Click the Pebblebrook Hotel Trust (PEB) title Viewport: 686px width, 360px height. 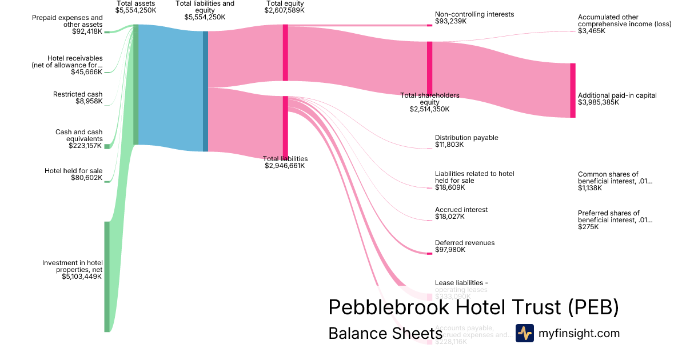[x=473, y=307]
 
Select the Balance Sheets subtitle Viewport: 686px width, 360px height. [x=385, y=333]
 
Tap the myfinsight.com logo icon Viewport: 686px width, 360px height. [x=524, y=333]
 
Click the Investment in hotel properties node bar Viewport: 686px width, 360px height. [x=106, y=276]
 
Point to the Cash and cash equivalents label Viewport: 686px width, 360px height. [x=79, y=135]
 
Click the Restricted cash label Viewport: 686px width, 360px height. [x=78, y=94]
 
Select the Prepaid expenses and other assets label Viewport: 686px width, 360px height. [x=75, y=21]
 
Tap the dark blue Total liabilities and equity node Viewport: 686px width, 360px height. [x=205, y=91]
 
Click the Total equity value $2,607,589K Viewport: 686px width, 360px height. [x=285, y=10]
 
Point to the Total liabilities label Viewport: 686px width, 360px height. [x=285, y=159]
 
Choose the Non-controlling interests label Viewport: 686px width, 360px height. [x=474, y=14]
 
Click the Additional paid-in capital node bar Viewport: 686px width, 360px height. [x=572, y=90]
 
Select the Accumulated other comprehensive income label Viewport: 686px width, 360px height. [x=608, y=21]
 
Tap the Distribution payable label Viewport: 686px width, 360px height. [x=466, y=138]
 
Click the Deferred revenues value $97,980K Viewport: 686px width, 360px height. [x=450, y=250]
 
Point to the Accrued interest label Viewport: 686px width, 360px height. [x=461, y=210]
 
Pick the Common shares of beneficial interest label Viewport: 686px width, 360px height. [x=615, y=178]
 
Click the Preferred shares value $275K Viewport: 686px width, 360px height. [x=588, y=227]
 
